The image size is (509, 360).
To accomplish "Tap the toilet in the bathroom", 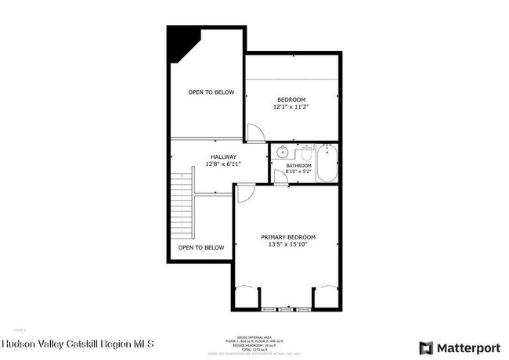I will coord(309,150).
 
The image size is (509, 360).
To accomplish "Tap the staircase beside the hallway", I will coord(182,207).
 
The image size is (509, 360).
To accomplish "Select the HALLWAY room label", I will coord(222,157).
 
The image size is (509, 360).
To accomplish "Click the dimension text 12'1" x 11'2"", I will coord(291,107).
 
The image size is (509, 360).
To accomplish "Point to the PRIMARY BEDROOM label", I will coord(288,236).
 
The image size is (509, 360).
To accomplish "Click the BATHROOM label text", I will coord(298,166).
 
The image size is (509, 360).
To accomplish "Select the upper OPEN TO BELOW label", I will coord(211,92).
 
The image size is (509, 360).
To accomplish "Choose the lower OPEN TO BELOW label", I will coord(200,247).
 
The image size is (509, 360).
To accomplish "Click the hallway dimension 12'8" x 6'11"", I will coord(222,164).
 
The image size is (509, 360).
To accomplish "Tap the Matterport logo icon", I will coord(427,347).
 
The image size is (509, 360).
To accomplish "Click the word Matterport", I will coord(469,347).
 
